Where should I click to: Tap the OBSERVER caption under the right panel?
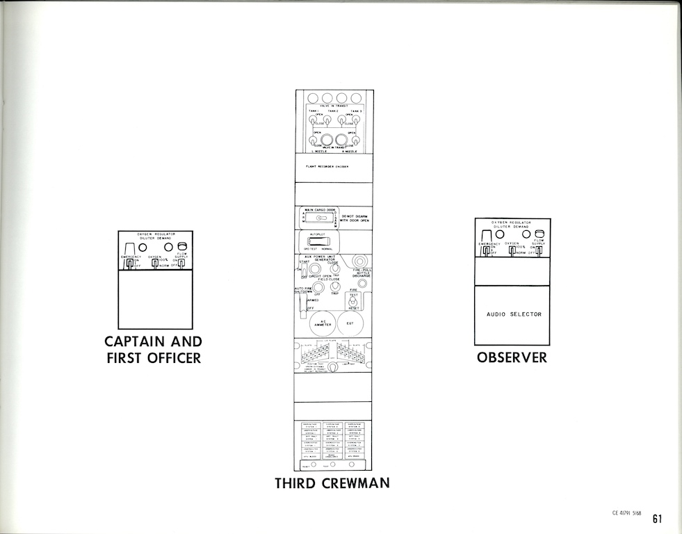click(x=512, y=357)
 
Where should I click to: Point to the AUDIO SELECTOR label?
click(x=514, y=314)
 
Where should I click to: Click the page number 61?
click(x=657, y=518)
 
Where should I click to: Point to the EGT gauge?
click(x=351, y=323)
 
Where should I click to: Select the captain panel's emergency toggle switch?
click(x=129, y=264)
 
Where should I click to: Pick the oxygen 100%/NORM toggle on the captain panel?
click(x=155, y=264)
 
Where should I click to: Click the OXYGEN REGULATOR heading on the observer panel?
click(x=511, y=222)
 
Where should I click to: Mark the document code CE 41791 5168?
click(x=626, y=513)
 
